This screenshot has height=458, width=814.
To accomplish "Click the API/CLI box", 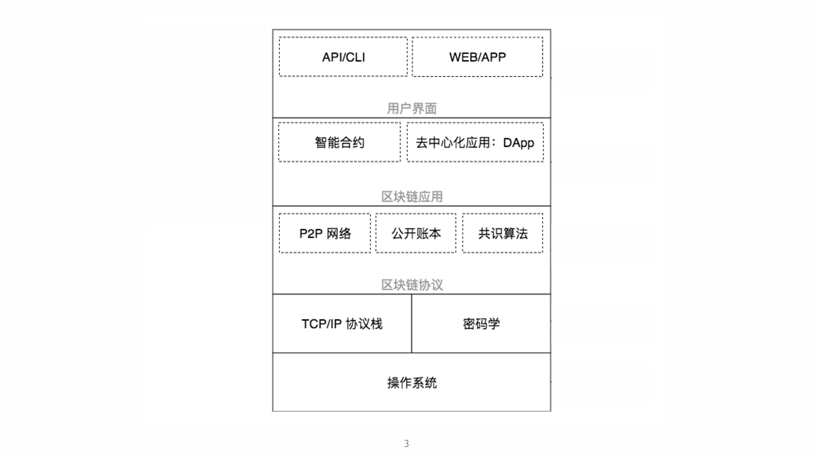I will (x=343, y=57).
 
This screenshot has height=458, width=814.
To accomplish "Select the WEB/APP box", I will (x=477, y=57).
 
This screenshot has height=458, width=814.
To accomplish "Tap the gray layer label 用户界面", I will (x=412, y=108).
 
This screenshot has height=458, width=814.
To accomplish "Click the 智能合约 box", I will (x=339, y=142).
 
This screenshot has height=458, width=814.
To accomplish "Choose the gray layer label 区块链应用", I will (x=412, y=197).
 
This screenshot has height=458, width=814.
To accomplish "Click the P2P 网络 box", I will (x=325, y=233).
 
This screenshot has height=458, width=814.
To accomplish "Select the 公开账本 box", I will (x=416, y=233).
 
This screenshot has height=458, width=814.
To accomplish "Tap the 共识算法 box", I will (x=503, y=233).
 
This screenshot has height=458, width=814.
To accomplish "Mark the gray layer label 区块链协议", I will (x=412, y=285).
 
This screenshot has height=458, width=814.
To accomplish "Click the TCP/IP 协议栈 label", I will (x=342, y=324).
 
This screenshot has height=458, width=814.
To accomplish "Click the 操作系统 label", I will (x=412, y=383).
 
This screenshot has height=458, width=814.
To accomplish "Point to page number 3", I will (x=406, y=444).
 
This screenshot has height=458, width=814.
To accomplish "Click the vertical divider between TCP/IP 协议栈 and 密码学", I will (x=411, y=338).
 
